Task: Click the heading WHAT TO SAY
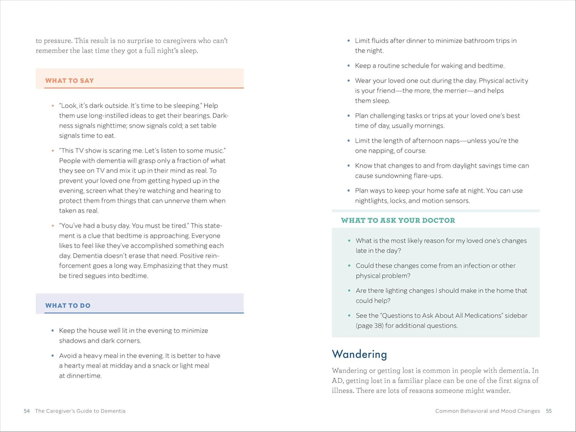coord(69,81)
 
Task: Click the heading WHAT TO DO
coord(68,306)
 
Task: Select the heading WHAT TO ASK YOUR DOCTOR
coord(398,220)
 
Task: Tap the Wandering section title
coord(359,354)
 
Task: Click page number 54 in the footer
coord(27,411)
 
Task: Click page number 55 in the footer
coord(549,411)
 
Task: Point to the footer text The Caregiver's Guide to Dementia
coord(80,411)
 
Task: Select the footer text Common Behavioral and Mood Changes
coord(488,411)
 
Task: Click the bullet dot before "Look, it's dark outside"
coord(53,106)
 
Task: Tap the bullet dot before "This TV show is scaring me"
coord(53,151)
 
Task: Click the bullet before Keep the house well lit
coord(53,331)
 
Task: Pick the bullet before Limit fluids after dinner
coord(349,41)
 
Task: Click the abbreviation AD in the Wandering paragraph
coord(337,381)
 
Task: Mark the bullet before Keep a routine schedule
coord(349,66)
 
